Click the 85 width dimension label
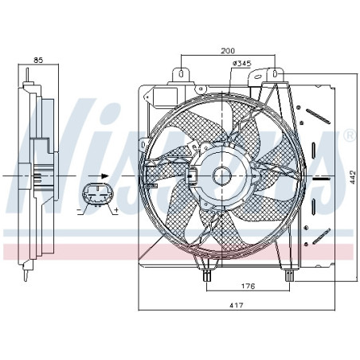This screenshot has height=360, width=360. [x=37, y=60]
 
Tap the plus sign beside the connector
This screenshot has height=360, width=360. [x=116, y=209]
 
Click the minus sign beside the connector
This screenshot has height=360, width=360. [x=78, y=209]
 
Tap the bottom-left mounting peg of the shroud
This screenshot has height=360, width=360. [x=207, y=275]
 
